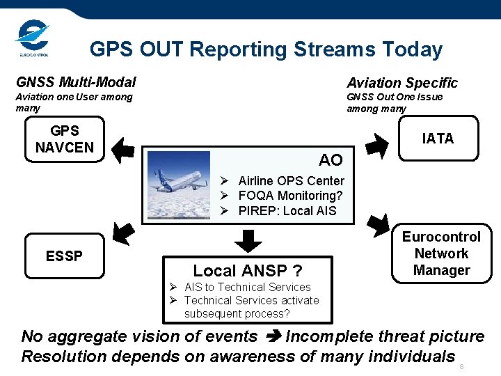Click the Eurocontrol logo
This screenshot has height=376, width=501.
click(x=32, y=39)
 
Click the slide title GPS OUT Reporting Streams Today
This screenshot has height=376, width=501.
click(x=266, y=49)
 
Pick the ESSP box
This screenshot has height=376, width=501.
click(x=64, y=256)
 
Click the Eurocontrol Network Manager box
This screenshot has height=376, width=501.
click(x=441, y=253)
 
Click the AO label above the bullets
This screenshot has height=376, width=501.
click(x=331, y=160)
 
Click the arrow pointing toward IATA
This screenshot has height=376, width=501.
click(x=377, y=143)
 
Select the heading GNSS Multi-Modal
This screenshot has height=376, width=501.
click(x=76, y=82)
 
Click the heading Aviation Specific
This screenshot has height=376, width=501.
click(x=402, y=83)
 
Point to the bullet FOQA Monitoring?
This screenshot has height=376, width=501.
click(x=290, y=196)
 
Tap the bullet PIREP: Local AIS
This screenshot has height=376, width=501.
click(x=287, y=210)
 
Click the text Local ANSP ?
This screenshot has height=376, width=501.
click(x=247, y=270)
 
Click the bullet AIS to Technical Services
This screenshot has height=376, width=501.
click(x=247, y=287)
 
